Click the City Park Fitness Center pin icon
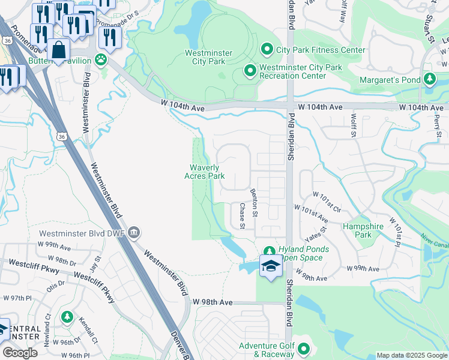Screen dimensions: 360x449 coord(267,49)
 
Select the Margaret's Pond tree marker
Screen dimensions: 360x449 coord(429,79)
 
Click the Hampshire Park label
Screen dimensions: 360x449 coord(363,231)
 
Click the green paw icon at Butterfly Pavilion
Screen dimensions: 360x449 coord(100,61)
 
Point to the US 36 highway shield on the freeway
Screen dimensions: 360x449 coord(62,137)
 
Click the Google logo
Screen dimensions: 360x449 coord(20,353)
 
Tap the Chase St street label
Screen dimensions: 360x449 coord(242,216)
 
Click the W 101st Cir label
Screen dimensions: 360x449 coord(327,195)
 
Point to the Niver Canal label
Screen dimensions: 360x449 coord(435,241)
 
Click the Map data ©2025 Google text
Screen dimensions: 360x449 coord(411,355)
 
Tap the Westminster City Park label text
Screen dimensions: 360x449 coord(205,56)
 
